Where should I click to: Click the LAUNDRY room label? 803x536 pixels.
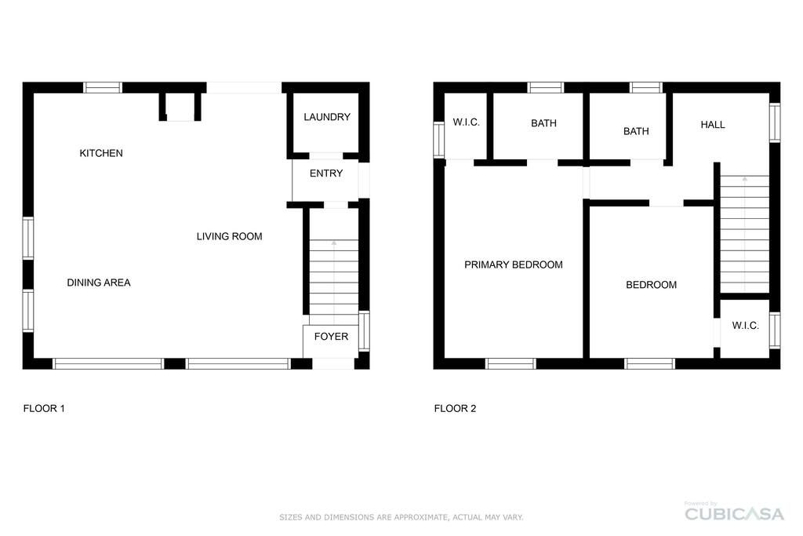pos(327,117)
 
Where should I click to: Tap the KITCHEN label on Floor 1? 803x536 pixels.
pos(101,153)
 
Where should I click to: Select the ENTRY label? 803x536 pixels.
pos(325,173)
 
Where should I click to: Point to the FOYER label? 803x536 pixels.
pos(331,336)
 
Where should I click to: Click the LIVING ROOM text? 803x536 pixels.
pos(230,236)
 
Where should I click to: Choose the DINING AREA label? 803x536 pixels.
pos(99,283)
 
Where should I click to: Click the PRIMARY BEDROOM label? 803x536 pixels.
pos(513,264)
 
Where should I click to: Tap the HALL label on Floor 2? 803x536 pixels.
pos(712,125)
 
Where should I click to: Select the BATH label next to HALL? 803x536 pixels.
pos(636,131)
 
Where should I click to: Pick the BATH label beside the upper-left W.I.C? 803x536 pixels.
pos(543,123)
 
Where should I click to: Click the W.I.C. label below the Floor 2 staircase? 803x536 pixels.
pos(745,326)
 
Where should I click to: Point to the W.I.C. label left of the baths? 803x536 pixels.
pos(466,122)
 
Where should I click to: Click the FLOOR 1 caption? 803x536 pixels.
pos(44,408)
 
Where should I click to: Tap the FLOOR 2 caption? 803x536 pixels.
pos(455,408)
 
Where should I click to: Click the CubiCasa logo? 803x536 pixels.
pos(734,512)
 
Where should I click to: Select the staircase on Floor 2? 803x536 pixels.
pos(745,234)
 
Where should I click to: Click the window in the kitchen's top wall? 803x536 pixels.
pos(103,88)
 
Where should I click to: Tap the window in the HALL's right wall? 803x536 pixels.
pos(775,122)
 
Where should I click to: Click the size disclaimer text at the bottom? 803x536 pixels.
pos(401,517)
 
